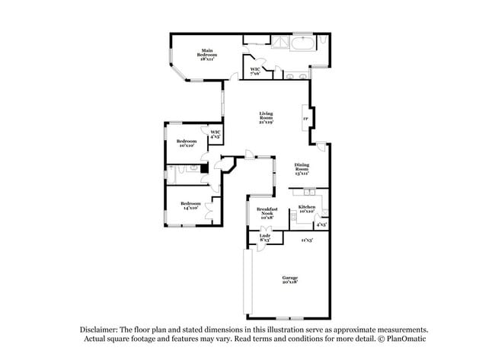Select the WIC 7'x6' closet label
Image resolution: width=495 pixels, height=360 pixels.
(256, 71)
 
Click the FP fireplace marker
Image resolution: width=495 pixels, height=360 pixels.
(306, 118)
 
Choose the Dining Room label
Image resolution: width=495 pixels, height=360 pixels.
(303, 169)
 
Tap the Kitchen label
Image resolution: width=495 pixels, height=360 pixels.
(307, 209)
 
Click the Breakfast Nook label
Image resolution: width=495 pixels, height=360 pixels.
(267, 212)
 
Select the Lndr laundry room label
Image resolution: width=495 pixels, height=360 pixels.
(264, 237)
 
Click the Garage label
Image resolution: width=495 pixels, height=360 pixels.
(290, 279)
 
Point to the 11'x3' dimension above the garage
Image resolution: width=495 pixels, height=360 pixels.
(306, 240)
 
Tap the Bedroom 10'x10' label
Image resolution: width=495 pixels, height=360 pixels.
(187, 143)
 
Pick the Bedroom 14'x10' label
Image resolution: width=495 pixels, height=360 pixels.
(190, 205)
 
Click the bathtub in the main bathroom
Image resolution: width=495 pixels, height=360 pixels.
(302, 42)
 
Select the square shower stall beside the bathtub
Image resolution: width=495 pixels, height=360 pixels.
(283, 42)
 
